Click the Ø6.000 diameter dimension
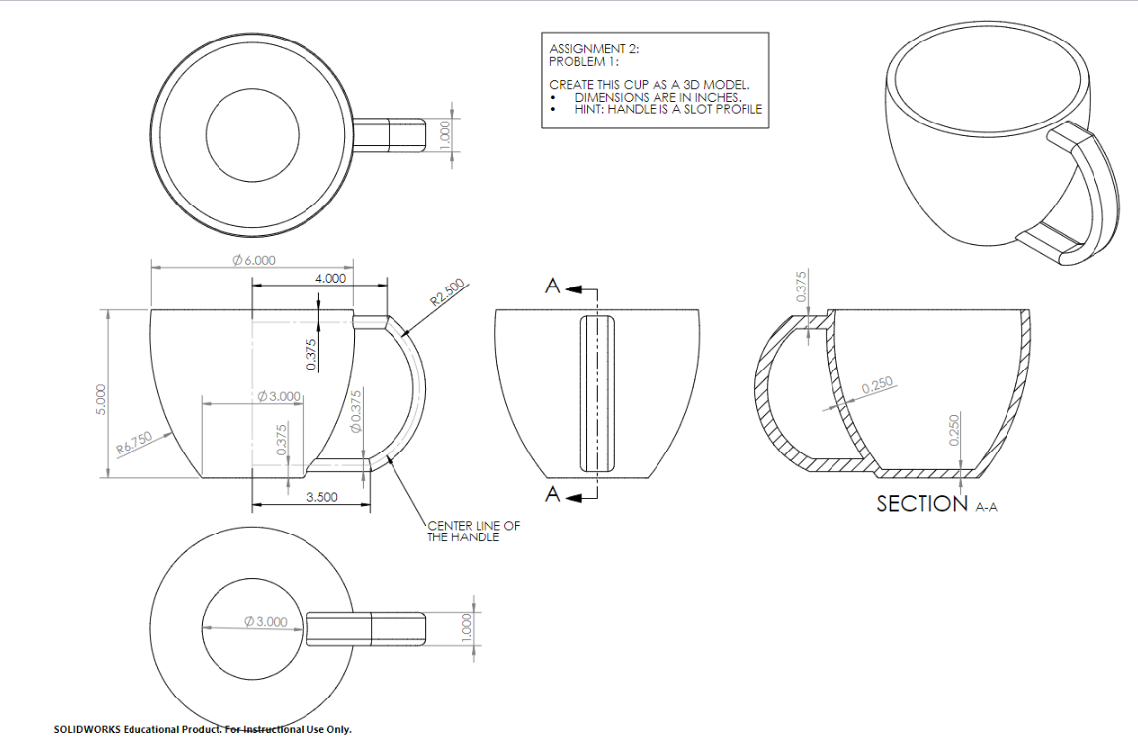pos(253,261)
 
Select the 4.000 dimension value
pos(330,278)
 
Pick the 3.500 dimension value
pos(322,497)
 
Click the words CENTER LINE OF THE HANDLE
pos(473,532)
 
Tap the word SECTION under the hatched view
pos(921,503)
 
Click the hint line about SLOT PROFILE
pos(668,109)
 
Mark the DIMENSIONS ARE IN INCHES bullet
pos(657,97)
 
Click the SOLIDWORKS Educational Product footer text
pos(203,729)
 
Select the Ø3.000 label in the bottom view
pos(265,622)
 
